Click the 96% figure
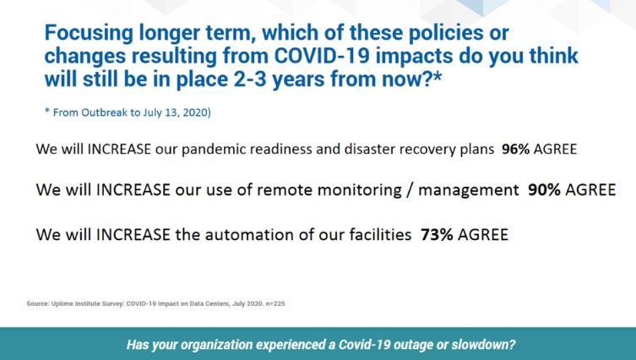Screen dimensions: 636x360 [515, 149]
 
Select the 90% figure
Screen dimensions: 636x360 [544, 189]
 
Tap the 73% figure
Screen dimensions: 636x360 [437, 235]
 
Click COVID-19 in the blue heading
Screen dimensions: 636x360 [322, 56]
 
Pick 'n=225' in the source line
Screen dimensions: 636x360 [275, 303]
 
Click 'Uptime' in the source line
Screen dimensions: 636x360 [62, 303]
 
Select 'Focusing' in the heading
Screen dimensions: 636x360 [89, 33]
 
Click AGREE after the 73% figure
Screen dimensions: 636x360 [482, 235]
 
